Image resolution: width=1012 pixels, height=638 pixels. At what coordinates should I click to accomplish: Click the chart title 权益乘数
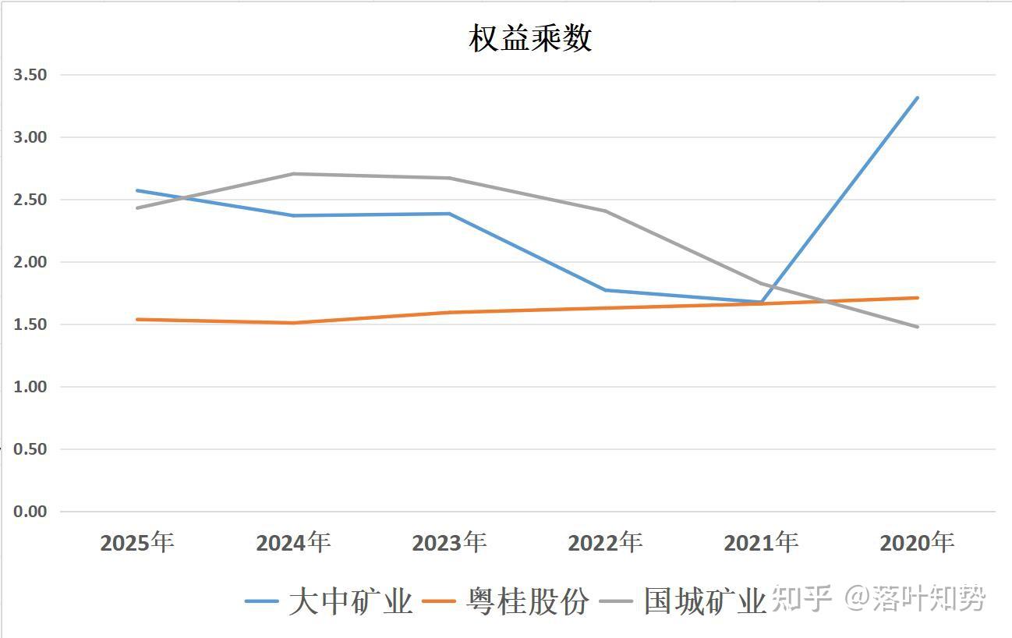click(x=530, y=38)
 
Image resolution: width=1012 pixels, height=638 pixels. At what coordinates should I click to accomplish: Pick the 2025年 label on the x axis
click(x=137, y=542)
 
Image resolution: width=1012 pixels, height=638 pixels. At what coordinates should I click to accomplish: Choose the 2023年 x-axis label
click(x=449, y=542)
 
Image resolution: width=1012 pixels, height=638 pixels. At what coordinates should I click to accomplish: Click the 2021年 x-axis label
click(x=761, y=542)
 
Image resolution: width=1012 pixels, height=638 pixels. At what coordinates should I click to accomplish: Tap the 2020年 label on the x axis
click(x=917, y=542)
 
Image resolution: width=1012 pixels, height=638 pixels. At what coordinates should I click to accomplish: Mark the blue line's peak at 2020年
click(x=918, y=97)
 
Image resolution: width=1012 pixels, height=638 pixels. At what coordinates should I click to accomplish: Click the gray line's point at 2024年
click(x=293, y=174)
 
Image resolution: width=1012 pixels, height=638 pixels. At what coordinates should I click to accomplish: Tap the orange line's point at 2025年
click(x=137, y=319)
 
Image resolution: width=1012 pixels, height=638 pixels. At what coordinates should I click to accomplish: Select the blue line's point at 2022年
click(x=605, y=290)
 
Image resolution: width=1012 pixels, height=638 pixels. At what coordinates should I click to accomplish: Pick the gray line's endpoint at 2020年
click(x=918, y=327)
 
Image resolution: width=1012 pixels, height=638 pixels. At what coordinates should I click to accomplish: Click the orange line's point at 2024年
click(x=293, y=323)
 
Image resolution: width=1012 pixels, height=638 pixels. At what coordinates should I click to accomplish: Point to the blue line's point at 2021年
click(x=761, y=302)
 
